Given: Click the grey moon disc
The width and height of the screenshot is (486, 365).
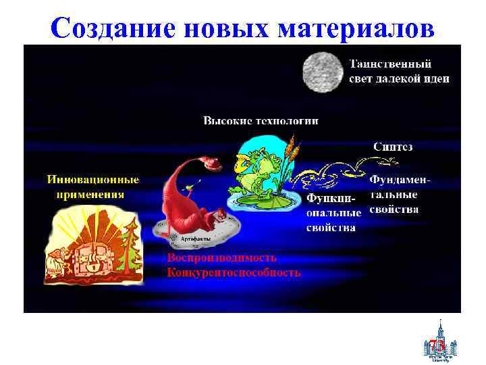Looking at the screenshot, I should pos(322,71).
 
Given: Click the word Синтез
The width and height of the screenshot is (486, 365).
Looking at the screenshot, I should pos(393,146).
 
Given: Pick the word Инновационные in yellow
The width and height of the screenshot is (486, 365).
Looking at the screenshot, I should pos(93,180).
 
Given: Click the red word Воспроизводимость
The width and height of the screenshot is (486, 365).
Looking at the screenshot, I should pos(222,258).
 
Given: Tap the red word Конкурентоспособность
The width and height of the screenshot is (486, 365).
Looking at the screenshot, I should pos(234,272).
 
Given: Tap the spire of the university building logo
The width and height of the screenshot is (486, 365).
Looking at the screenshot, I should pos(439,324).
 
